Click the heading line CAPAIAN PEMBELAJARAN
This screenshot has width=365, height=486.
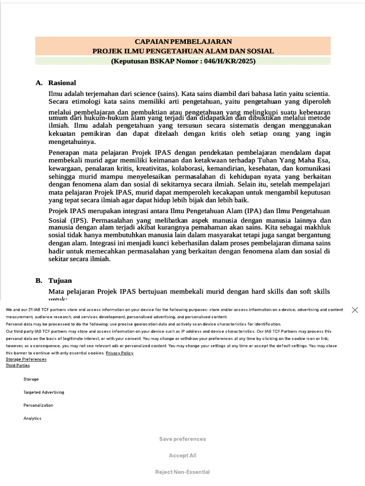tap(183, 42)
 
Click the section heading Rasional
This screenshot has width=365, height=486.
tap(62, 83)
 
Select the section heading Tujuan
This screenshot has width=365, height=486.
tap(60, 280)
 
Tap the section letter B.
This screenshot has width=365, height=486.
tap(38, 280)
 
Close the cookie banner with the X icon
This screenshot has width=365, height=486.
tap(355, 310)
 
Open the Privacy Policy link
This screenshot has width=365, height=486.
tap(119, 353)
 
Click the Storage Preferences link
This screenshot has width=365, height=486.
tap(26, 359)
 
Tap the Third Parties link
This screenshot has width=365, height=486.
tap(18, 365)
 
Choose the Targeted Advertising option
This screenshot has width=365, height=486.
tap(44, 393)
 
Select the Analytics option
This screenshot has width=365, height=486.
tap(32, 419)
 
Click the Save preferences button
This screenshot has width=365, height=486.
tap(182, 439)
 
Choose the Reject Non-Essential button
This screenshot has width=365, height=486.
tap(182, 472)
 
